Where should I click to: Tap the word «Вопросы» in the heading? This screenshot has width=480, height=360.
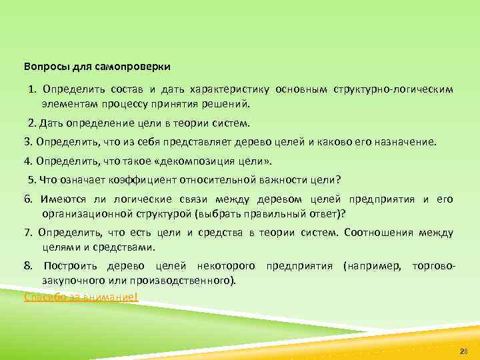[44, 67]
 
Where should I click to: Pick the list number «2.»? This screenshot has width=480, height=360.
[33, 123]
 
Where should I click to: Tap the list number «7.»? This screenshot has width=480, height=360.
[28, 233]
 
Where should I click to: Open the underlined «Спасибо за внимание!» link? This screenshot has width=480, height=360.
[81, 297]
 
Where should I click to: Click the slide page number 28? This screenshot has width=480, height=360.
[464, 351]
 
